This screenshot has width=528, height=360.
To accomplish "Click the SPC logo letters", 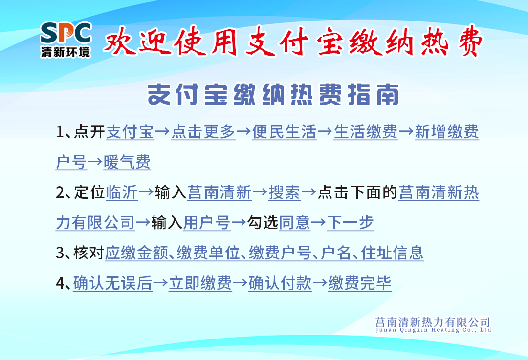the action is click(x=66, y=33).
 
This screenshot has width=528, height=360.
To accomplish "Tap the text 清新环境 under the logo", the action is click(x=66, y=52).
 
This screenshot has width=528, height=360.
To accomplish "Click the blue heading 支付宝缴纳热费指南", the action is click(x=273, y=94).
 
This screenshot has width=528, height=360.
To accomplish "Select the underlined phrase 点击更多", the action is click(x=203, y=131).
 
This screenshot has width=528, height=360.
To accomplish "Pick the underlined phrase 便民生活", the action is click(x=284, y=131).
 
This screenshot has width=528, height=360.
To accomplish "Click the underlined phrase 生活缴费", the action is click(x=366, y=131).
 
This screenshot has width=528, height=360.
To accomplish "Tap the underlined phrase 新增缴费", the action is click(x=446, y=131).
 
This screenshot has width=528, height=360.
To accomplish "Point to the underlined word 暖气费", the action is click(x=127, y=162).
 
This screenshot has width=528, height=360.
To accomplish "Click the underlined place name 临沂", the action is click(x=122, y=192).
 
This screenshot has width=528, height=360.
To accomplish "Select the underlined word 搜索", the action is click(x=285, y=192).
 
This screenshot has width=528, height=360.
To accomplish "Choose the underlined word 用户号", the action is click(x=207, y=223).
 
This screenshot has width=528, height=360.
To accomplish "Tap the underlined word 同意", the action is click(x=295, y=223).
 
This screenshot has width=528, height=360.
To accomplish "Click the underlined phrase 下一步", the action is click(x=350, y=223).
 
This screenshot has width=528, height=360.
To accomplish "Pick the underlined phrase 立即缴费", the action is click(x=200, y=283).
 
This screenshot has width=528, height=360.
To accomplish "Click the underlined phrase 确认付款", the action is click(x=280, y=283).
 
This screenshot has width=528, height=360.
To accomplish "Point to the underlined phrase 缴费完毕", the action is click(x=360, y=283).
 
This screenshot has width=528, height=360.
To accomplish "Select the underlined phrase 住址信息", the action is click(x=392, y=253).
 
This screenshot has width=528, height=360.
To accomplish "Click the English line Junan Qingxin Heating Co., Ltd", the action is click(x=433, y=330).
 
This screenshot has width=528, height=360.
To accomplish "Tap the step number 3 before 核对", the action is click(x=60, y=253).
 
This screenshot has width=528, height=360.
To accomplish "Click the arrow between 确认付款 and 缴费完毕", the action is click(x=320, y=283).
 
